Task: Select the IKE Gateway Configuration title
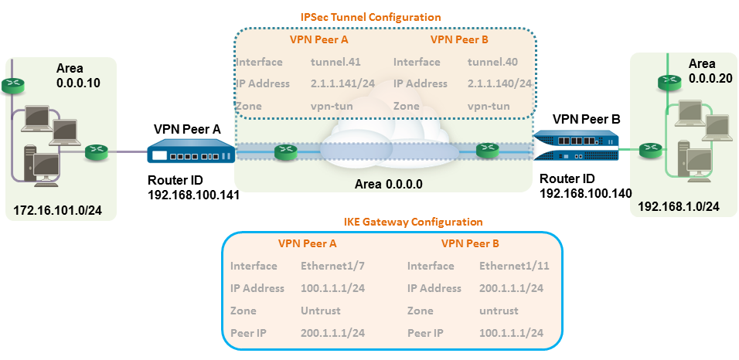pos(391,222)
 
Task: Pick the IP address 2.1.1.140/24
pos(499,83)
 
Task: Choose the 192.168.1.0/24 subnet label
pos(677,206)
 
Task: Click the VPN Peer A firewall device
pos(190,153)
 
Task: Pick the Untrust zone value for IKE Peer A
pos(319,311)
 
